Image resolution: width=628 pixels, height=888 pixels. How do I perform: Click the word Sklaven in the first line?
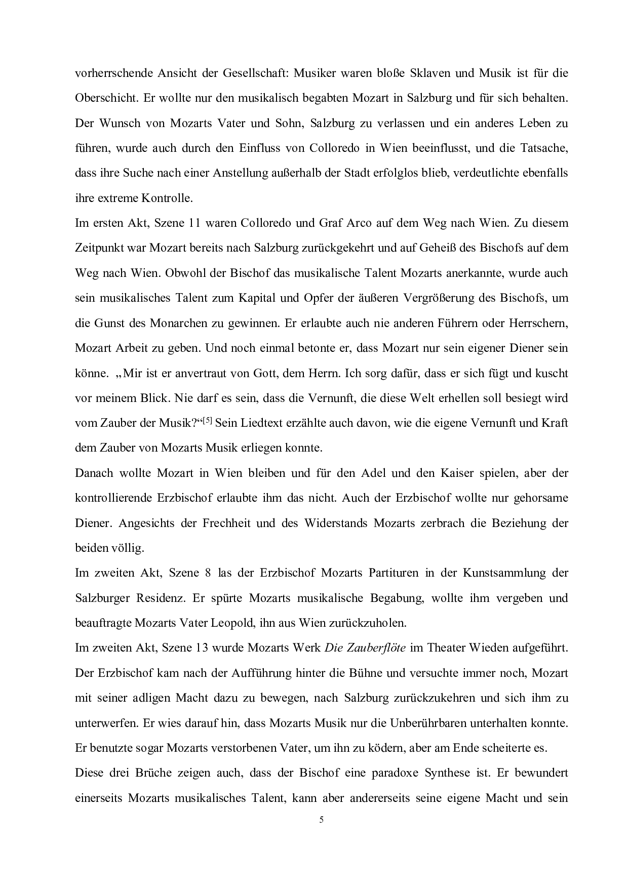(413, 73)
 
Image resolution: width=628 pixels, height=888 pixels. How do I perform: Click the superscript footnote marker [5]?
(207, 420)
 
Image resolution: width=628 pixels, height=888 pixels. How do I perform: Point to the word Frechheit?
(226, 523)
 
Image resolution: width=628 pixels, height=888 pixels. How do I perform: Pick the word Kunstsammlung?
(504, 573)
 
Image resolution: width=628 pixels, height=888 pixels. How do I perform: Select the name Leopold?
(230, 623)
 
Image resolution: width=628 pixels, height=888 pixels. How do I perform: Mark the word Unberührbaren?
(431, 723)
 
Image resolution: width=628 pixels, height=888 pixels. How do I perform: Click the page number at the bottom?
(321, 820)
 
